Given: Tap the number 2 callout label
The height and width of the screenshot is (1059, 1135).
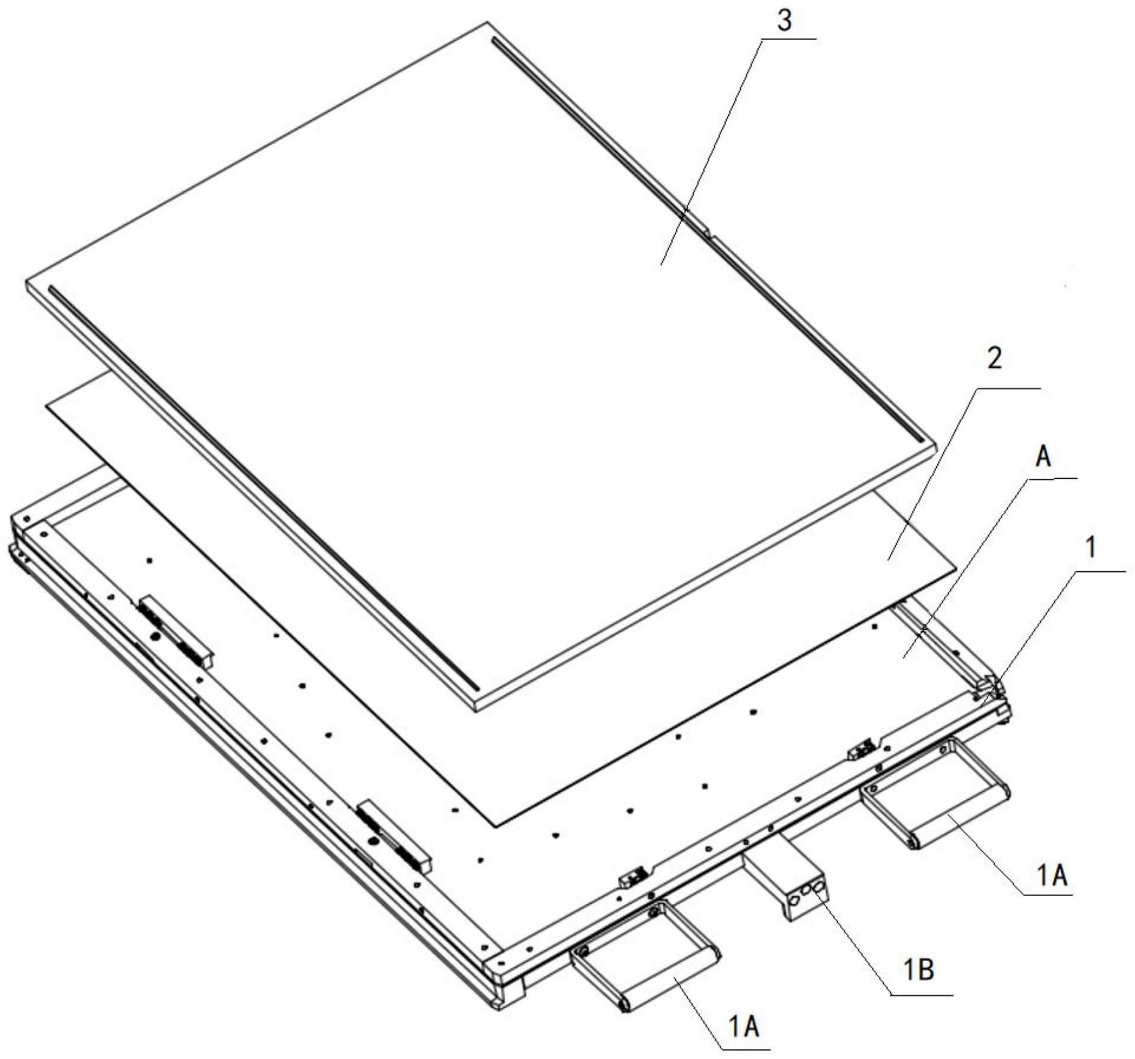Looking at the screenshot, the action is (994, 358).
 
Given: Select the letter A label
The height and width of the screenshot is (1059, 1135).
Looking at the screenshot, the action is (1044, 458).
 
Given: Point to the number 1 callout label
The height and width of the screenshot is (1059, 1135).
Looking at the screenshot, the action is (1091, 547).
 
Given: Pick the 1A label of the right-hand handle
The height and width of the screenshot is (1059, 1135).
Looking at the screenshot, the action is (1051, 876).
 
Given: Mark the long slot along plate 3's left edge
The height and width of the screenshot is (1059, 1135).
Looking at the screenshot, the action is (263, 487).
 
